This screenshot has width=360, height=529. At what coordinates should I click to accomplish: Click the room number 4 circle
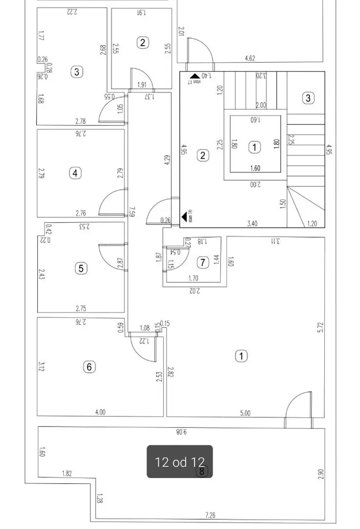tap(75, 173)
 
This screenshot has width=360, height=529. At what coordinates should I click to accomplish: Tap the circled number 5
tap(81, 268)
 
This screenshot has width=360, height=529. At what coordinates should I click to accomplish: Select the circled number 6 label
tap(89, 366)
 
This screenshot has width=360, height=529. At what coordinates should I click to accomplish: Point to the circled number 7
tap(203, 263)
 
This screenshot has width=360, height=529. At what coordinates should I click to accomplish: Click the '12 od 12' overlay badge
tap(180, 461)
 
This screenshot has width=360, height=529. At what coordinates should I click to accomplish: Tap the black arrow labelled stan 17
tap(194, 76)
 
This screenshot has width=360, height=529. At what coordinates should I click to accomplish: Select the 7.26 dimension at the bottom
tap(210, 515)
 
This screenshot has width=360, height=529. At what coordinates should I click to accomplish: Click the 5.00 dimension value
tap(245, 413)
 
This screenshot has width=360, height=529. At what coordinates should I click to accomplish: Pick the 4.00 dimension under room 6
tap(100, 412)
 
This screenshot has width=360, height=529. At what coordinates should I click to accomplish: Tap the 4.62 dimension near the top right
tap(250, 59)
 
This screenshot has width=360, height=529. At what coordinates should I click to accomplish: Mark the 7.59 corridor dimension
tap(131, 212)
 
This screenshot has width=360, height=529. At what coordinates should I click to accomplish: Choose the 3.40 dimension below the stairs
tap(252, 224)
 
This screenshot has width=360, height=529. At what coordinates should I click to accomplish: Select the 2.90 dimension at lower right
tap(321, 474)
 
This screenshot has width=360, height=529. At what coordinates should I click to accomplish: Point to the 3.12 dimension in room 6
tap(42, 366)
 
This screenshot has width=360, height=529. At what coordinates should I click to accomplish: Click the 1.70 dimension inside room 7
tap(193, 279)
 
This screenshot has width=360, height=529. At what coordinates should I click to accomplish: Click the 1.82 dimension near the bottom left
tap(67, 473)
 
